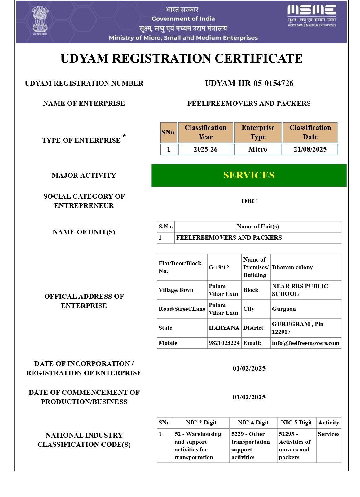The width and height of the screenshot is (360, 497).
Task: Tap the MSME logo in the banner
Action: tap(311, 15)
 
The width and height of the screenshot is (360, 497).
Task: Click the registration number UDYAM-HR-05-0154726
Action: tap(249, 83)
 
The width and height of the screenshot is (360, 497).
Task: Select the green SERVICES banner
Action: tap(249, 175)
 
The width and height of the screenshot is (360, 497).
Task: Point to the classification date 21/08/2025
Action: tap(310, 149)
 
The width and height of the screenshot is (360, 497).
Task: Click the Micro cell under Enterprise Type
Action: tap(258, 149)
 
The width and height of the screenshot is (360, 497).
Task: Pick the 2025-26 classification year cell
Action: tap(205, 149)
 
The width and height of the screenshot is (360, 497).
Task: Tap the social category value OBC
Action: tap(249, 201)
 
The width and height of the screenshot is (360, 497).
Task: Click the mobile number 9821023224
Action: tap(224, 343)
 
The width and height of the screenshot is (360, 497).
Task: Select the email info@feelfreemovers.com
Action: tap(305, 343)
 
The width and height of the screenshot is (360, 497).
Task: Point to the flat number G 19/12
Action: tap(219, 267)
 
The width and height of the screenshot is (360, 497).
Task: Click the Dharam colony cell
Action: tap(292, 267)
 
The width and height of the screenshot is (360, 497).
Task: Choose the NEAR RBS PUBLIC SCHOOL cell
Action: tap(300, 290)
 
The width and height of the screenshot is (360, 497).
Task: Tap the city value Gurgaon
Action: tap(284, 309)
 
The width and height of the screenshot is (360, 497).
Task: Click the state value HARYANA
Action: tap(224, 328)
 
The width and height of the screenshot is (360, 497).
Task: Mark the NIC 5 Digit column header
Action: tap(296, 423)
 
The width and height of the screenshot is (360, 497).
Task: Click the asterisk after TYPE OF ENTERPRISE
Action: tap(124, 136)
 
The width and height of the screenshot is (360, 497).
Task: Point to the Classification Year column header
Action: tap(205, 132)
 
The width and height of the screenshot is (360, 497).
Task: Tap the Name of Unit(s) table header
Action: tap(258, 227)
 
